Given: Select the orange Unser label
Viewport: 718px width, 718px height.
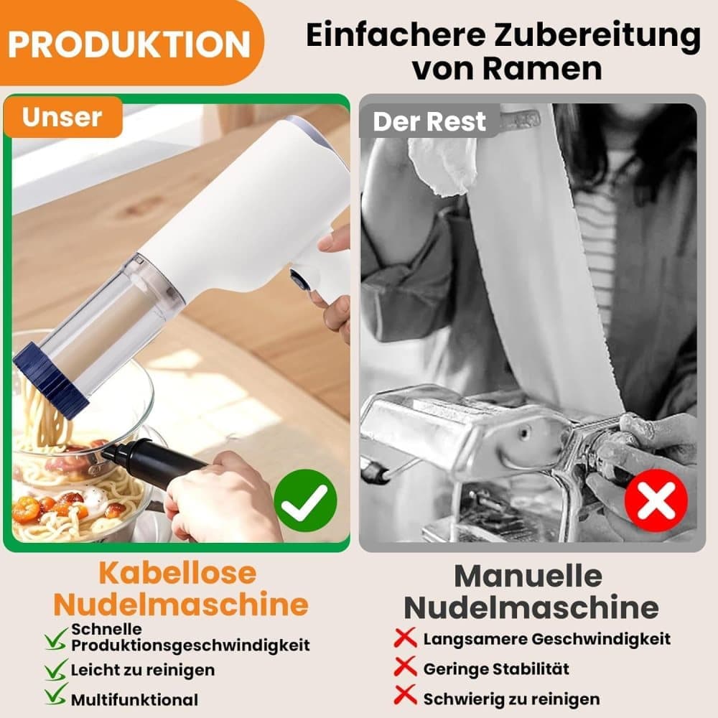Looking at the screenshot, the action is coord(62,117).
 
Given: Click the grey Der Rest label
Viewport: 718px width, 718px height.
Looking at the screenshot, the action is coord(429,122).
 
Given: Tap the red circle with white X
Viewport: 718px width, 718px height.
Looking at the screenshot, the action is coord(656,500).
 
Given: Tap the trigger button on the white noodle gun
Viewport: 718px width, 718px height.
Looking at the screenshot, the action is coord(299,279).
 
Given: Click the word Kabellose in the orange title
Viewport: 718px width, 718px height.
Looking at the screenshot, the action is coord(177,573).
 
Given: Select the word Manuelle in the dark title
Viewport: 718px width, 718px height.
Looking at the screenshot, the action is coord(528,576).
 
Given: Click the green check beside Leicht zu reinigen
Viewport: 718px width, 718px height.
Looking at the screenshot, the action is coord(56,669).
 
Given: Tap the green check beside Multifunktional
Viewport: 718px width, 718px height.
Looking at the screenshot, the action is coord(56,694).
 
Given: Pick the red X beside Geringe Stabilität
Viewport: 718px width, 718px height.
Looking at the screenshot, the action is coord(405,667).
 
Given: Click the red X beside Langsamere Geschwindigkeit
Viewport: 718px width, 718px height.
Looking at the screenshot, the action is coord(405,638).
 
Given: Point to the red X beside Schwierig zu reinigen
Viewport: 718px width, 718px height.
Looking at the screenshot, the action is coord(405,695).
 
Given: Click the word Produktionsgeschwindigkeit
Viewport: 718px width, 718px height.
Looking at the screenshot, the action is coord(190,645).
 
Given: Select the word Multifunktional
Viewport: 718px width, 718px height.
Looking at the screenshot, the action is coord(135,699).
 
